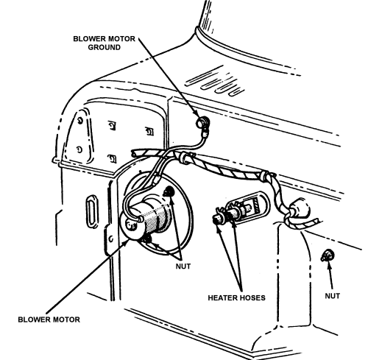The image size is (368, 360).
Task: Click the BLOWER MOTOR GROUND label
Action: [x=104, y=43]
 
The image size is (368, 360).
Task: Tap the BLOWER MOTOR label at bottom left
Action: [x=49, y=320]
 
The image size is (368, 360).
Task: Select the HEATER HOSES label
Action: [x=236, y=297]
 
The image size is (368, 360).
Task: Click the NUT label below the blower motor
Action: [x=183, y=266]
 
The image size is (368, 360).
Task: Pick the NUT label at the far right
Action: [x=333, y=296]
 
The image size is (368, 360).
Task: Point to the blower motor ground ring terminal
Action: [x=202, y=122]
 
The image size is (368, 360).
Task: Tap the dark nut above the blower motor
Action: [x=169, y=191]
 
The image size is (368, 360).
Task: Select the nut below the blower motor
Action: [x=148, y=239]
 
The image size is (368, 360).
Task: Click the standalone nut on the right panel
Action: [x=328, y=255]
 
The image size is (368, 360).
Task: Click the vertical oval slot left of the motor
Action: [x=92, y=211]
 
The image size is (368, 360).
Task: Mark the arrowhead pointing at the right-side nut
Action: [x=329, y=265]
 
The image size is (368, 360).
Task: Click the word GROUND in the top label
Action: [x=105, y=47]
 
